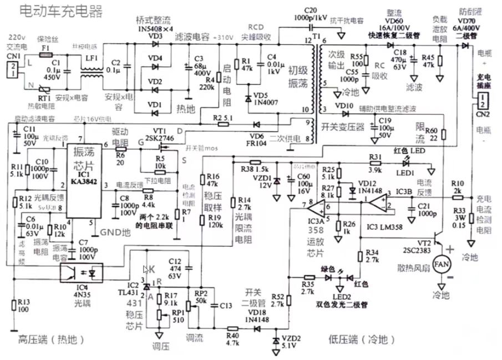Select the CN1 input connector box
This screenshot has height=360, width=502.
tap(12, 68)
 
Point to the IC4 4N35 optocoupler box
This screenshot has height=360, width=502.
tap(85, 272)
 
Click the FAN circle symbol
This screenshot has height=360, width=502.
tap(442, 262)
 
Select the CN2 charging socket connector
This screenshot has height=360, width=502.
tap(483, 103)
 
